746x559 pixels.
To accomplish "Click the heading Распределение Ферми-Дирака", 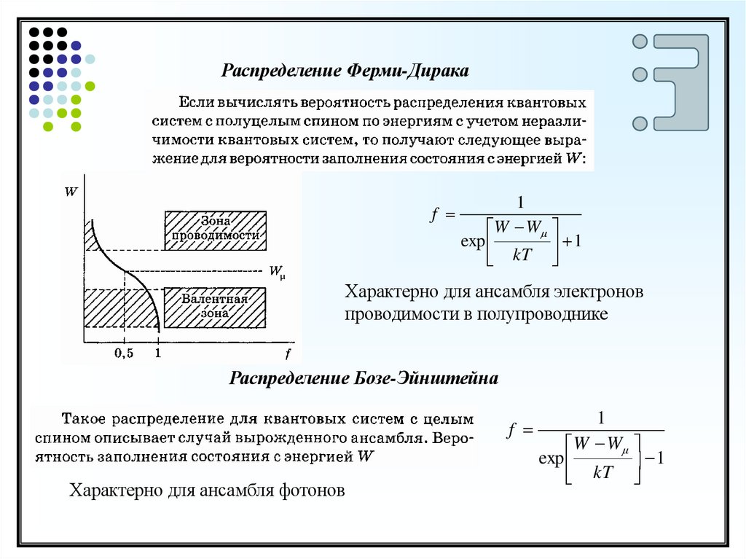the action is [x=346, y=71].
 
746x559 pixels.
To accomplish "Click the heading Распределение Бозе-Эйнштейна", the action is [x=364, y=378].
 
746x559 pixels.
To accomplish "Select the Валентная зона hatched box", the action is [x=216, y=308].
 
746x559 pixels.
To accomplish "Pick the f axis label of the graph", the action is [x=288, y=355].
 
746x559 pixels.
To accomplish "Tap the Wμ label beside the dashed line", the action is [x=277, y=273].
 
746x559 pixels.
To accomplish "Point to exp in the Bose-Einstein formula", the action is [x=551, y=459].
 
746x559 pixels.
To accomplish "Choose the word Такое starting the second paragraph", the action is [x=85, y=420].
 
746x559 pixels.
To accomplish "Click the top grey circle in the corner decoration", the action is [x=640, y=42].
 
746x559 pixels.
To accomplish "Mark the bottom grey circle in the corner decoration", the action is [x=640, y=123].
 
